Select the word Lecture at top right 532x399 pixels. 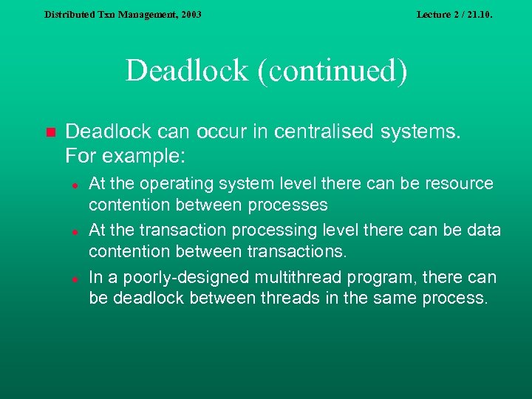click(435, 14)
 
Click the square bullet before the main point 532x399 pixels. click(50, 133)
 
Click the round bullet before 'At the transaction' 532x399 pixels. click(75, 231)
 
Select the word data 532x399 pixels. click(485, 230)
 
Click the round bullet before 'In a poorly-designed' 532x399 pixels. click(75, 279)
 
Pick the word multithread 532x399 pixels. click(289, 278)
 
